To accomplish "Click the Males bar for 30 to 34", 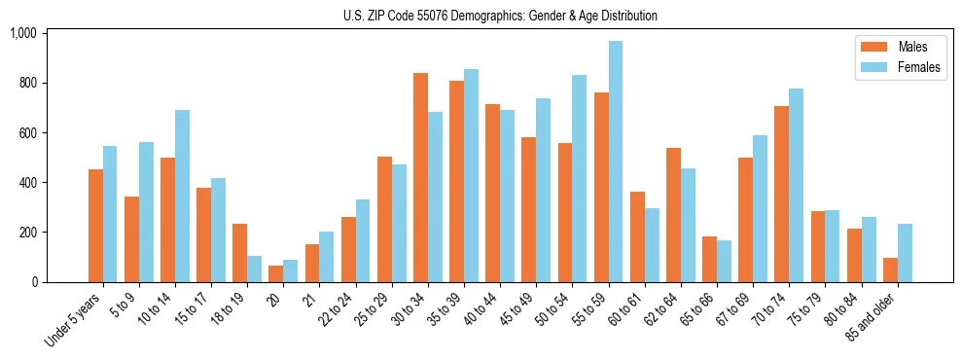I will pos(420,177).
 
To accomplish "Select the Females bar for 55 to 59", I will pos(616,162).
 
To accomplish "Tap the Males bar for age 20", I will pos(275,273).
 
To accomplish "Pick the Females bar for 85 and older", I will pos(905,253).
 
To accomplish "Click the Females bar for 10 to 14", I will pos(182,196).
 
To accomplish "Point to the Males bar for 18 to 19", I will pos(239,253).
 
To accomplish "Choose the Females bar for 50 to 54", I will pos(579,178).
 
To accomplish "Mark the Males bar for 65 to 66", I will pos(709,259).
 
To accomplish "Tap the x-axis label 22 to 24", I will pos(339,309).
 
